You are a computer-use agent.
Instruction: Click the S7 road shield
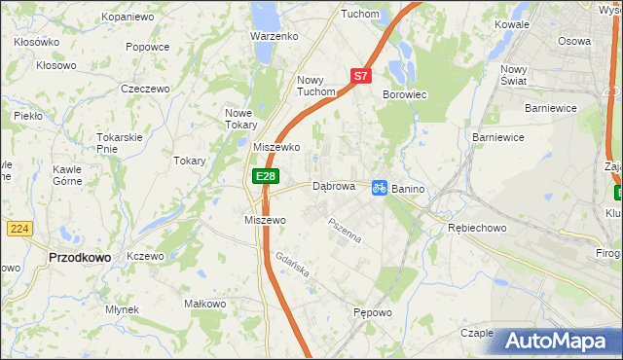tap(360, 75)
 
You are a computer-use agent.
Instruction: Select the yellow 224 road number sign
tap(19, 228)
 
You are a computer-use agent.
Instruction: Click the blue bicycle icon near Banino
tap(381, 186)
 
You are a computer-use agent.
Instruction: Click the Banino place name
tap(411, 189)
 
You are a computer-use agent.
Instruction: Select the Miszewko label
tap(275, 147)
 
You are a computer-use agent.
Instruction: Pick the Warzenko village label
tap(274, 36)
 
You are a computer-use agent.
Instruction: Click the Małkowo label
tap(204, 304)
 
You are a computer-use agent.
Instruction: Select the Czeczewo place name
tap(145, 89)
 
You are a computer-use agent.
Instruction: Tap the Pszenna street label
tap(345, 231)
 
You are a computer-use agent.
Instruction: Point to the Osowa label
tap(574, 42)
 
